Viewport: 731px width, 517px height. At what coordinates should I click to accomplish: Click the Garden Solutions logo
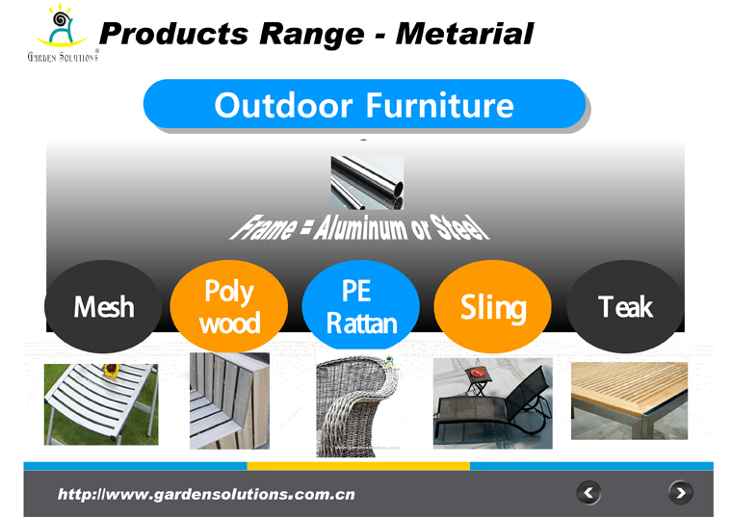pos(63,33)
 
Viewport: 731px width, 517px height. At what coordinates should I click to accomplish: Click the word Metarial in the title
pos(464,34)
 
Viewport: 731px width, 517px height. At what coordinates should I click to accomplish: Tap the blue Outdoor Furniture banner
pos(364,104)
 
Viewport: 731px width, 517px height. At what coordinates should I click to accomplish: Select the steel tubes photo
pos(367,183)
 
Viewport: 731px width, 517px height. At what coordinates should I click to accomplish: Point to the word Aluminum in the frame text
pos(359,227)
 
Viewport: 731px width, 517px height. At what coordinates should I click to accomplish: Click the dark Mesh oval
pos(103,306)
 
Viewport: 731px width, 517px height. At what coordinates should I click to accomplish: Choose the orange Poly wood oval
pos(229,306)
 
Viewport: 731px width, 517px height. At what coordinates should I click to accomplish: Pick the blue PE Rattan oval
pos(361,305)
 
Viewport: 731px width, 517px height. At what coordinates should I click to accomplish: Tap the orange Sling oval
pos(493,306)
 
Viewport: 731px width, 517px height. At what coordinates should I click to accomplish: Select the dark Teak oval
pos(625,306)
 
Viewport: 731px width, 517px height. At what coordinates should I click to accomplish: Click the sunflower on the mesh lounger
pos(111,370)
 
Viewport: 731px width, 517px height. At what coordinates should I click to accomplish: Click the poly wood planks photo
pos(229,401)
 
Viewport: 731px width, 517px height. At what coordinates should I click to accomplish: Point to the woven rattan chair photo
pos(358,405)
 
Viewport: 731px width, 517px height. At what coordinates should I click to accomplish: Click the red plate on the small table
pos(478,373)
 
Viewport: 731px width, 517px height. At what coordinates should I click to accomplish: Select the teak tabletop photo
pos(629,401)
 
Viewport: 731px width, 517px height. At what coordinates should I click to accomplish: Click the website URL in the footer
pos(206,494)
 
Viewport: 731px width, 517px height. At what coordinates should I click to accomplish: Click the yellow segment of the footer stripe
pos(358,466)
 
